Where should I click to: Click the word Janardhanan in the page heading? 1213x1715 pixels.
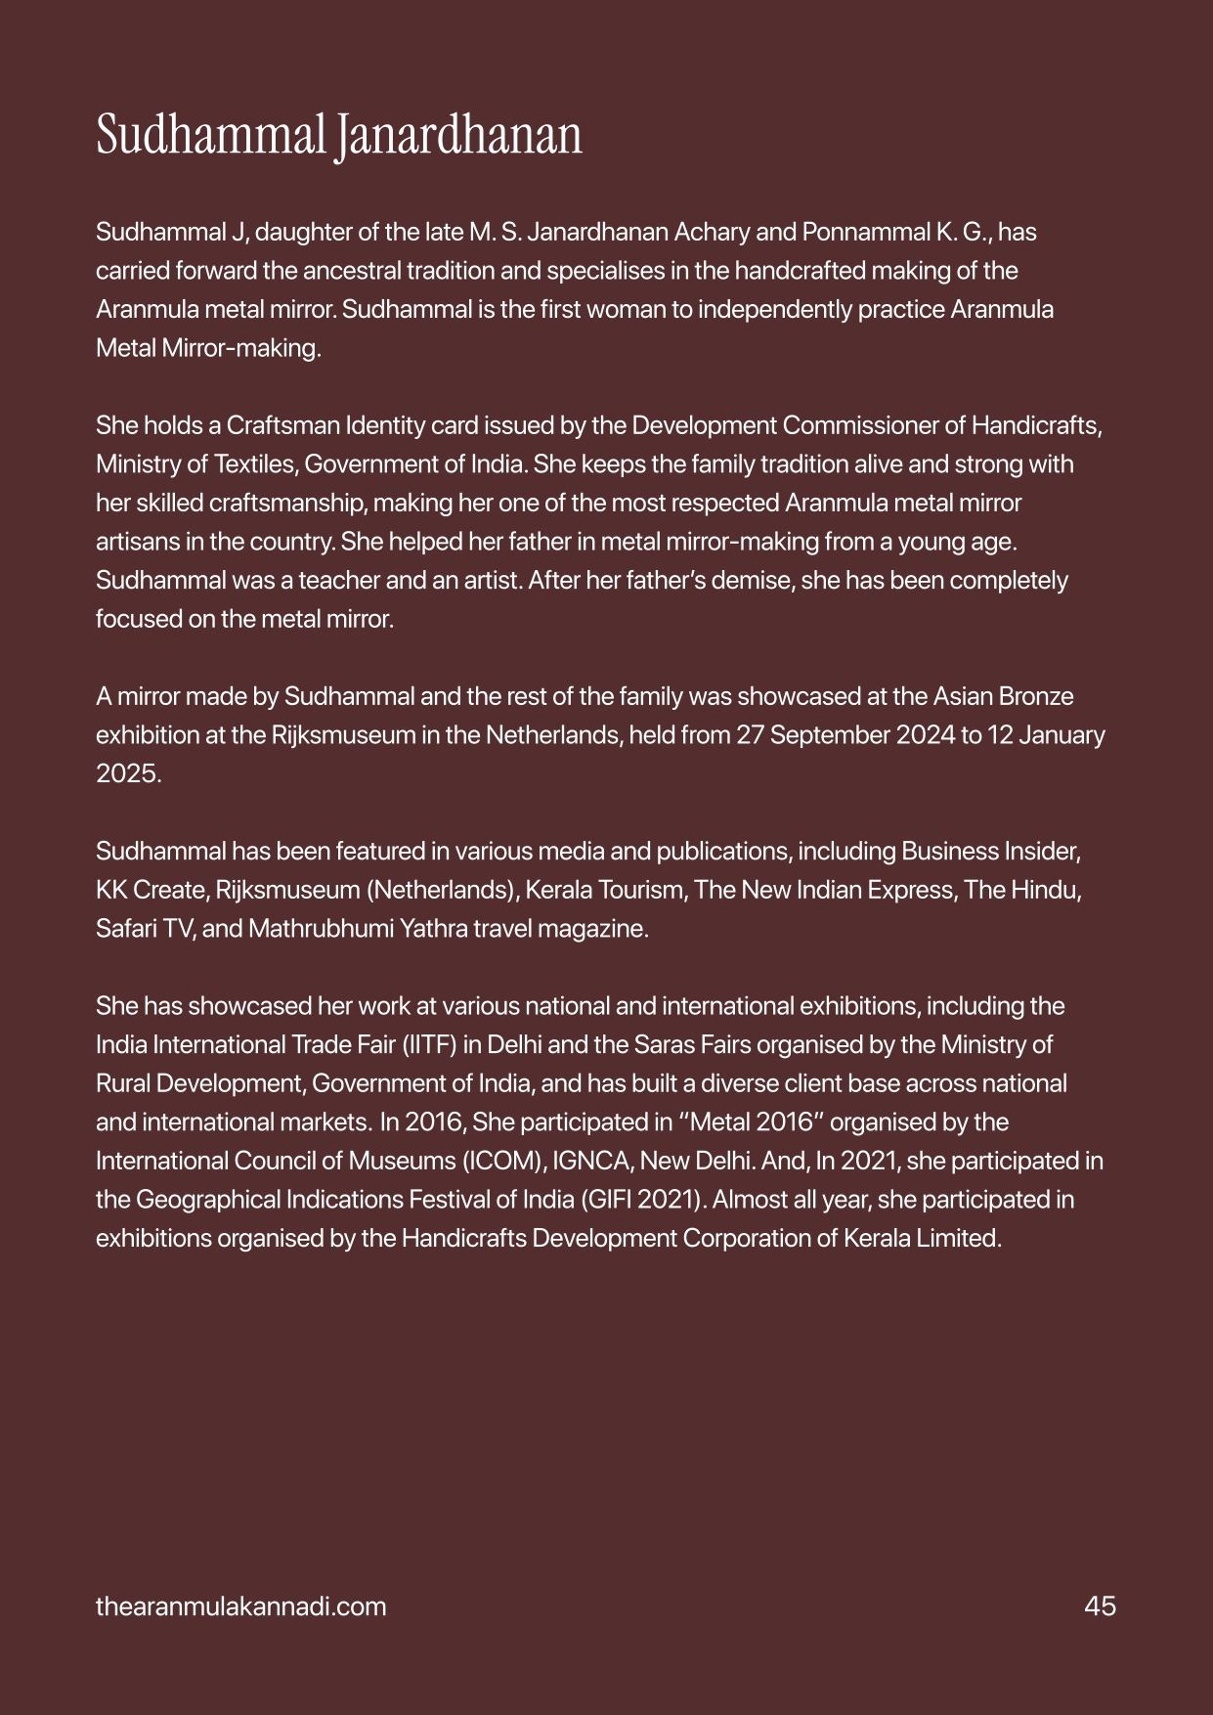click(457, 137)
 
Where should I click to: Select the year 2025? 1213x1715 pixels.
click(127, 774)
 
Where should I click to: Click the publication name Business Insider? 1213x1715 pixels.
click(990, 852)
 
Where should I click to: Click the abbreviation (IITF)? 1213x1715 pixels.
click(427, 1045)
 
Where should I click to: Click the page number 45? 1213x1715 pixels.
click(1100, 1606)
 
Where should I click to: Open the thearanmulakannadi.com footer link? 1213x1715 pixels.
click(240, 1606)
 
